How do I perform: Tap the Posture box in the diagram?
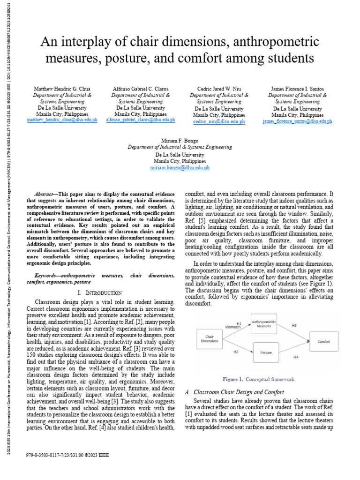tap(266, 352)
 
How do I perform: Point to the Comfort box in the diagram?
tap(324, 342)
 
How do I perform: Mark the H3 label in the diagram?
tap(294, 325)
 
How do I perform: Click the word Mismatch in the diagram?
tap(233, 327)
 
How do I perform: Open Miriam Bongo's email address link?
tap(180, 167)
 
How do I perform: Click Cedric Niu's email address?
tap(219, 121)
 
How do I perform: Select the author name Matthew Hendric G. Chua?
tap(63, 89)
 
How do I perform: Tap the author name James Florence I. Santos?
tap(297, 89)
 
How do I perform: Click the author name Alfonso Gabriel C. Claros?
tap(140, 89)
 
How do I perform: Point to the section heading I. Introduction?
tap(100, 293)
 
